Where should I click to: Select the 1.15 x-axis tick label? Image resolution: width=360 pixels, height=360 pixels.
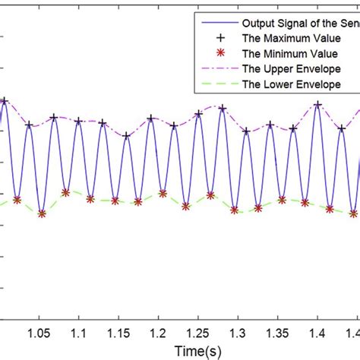point(118,333)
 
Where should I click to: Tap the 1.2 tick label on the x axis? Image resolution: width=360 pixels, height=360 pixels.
point(157,333)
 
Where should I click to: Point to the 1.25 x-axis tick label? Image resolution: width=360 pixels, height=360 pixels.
point(197,333)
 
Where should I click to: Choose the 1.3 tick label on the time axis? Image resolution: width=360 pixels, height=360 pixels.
point(237,333)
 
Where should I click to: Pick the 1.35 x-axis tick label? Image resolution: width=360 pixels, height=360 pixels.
point(277,333)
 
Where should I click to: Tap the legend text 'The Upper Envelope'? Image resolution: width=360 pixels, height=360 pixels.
point(286,68)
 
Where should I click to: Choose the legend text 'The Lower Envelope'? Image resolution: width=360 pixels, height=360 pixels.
point(286,84)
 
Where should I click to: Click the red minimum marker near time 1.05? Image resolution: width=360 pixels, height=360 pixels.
point(42,214)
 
